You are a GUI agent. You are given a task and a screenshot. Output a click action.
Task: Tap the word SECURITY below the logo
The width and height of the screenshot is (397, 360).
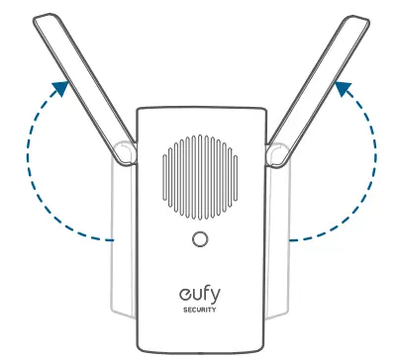201,310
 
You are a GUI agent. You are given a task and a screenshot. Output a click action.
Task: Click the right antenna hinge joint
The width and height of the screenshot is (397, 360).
278,151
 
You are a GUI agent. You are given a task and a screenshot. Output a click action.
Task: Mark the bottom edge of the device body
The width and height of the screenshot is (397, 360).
201,350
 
